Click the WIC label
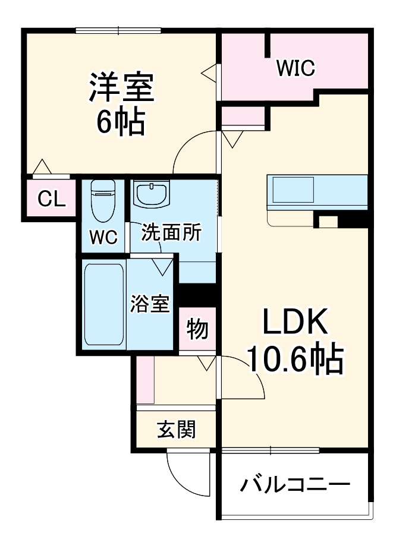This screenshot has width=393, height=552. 295,68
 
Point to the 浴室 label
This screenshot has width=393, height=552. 151,304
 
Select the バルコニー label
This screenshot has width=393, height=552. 294,485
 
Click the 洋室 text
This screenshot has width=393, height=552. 122,88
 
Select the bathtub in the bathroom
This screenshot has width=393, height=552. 104,304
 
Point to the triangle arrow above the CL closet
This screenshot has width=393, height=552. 41,167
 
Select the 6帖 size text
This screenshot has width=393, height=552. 121,121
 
